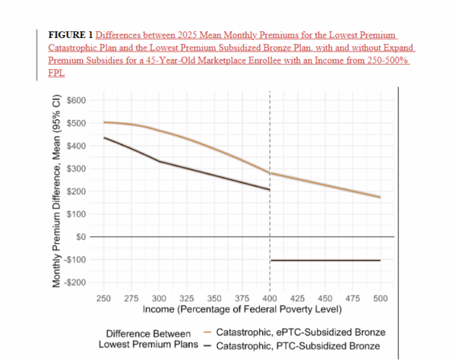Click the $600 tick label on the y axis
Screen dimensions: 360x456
(x=75, y=101)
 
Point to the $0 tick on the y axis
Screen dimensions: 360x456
(x=79, y=237)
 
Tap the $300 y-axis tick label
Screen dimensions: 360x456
(x=75, y=169)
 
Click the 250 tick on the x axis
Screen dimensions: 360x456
(x=104, y=298)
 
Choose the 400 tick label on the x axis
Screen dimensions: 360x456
(x=271, y=298)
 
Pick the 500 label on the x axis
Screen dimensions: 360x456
(x=380, y=298)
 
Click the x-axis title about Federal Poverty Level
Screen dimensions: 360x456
(x=242, y=310)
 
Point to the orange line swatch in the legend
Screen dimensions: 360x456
(x=207, y=333)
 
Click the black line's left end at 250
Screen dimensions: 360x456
(x=105, y=137)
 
